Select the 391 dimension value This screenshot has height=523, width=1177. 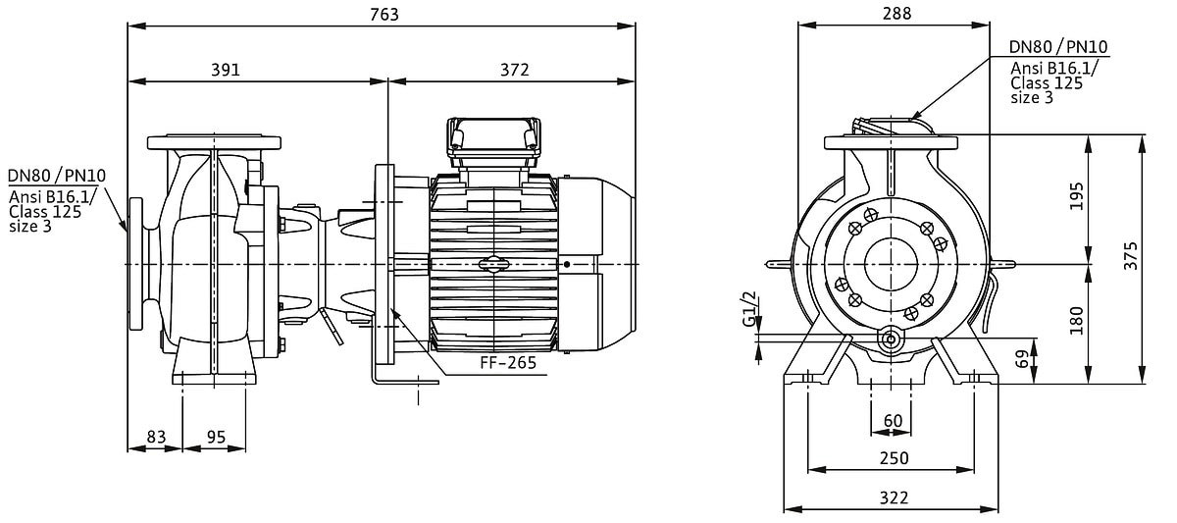tap(225, 70)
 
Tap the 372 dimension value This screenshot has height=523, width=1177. tap(514, 70)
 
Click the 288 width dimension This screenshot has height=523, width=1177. tap(896, 14)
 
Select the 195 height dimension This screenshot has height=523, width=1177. tap(1077, 196)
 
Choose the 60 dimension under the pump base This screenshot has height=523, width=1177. tap(893, 421)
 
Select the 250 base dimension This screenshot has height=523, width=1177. tap(894, 457)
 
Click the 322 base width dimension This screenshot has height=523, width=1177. tap(894, 497)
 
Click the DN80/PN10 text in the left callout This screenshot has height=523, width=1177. tap(56, 177)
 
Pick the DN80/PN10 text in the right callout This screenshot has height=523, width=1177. tap(1059, 47)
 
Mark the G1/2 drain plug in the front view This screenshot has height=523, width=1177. tap(890, 340)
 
